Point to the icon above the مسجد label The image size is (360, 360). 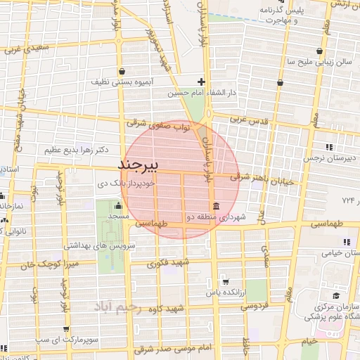(117, 206)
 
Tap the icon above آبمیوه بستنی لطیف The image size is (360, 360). (124, 71)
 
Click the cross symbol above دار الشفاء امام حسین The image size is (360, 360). (202, 82)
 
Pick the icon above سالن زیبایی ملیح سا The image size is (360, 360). (320, 51)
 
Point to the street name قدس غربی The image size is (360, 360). (250, 120)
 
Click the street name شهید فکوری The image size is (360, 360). (166, 266)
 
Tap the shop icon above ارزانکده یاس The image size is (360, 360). (224, 280)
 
